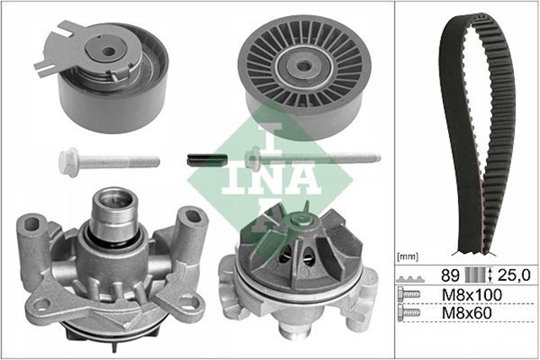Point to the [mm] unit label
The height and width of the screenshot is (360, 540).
[408, 253]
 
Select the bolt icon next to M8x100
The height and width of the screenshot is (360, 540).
[410, 295]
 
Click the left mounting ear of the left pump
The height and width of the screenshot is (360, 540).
[31, 232]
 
